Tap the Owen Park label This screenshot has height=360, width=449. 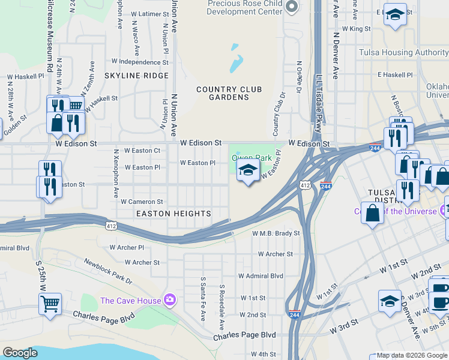(252, 158)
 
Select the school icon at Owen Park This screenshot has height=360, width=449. (248, 171)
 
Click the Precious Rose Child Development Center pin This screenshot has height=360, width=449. (292, 7)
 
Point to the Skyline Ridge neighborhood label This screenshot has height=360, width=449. (136, 76)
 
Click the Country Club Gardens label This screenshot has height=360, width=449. (229, 94)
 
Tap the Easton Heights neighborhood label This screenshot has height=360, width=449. (173, 214)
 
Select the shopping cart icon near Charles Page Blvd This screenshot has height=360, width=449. (50, 304)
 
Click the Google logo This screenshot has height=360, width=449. (20, 353)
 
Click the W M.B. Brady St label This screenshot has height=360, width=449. (276, 233)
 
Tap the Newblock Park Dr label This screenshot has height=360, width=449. (107, 272)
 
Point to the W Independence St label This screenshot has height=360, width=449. (139, 61)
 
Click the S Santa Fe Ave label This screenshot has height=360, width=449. (203, 298)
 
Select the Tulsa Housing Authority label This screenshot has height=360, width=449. (403, 52)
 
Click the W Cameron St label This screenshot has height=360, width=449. (142, 202)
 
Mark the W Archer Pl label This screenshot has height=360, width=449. (127, 247)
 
